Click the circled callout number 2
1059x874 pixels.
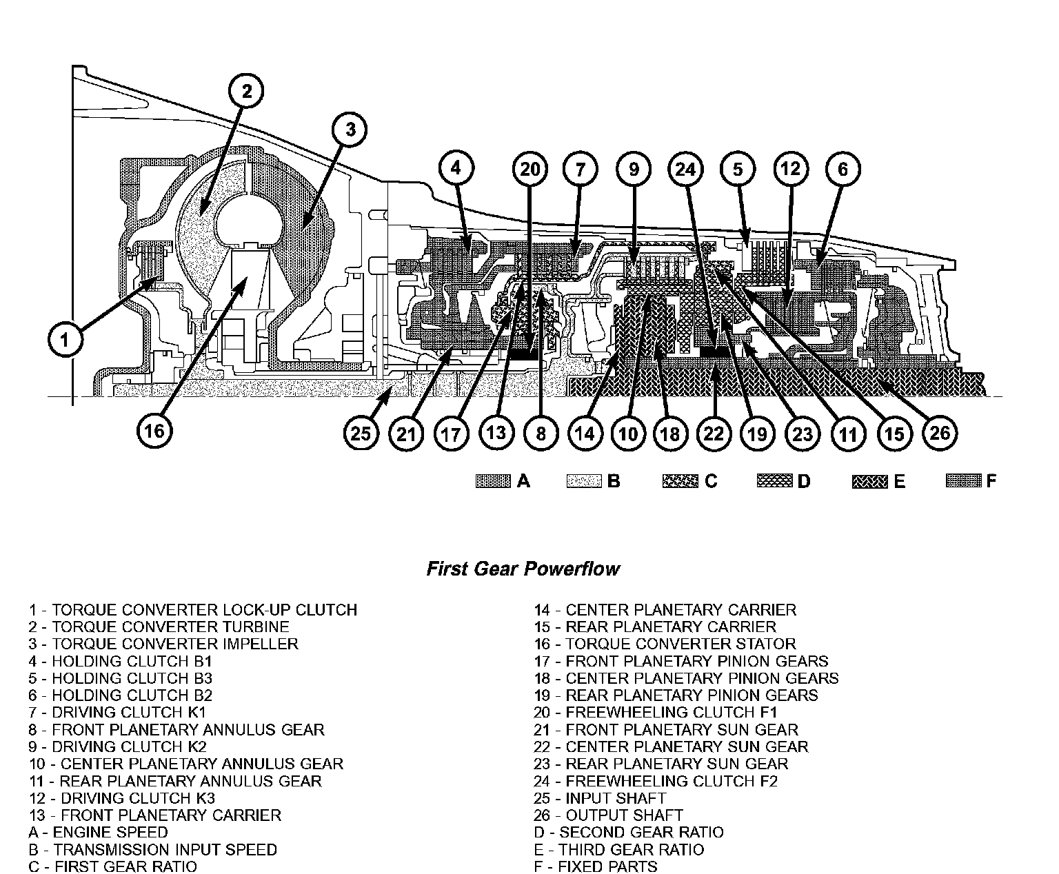point(247,91)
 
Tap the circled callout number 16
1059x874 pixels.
point(154,431)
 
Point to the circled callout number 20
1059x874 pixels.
point(530,170)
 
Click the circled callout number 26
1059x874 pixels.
point(940,432)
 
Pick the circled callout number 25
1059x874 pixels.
point(361,433)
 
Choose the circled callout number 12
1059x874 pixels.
point(790,170)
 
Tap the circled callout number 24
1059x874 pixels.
point(685,170)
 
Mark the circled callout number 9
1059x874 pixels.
point(634,170)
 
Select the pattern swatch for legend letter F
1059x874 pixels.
point(964,481)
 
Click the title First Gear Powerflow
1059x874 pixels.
point(523,569)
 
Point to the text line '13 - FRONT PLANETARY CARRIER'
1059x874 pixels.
point(155,815)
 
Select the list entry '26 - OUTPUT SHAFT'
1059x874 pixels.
point(608,815)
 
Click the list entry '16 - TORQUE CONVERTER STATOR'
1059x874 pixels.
point(665,644)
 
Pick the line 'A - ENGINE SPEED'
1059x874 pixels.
point(98,833)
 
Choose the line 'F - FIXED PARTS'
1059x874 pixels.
point(596,866)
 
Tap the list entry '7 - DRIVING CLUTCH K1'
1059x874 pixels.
point(118,713)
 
